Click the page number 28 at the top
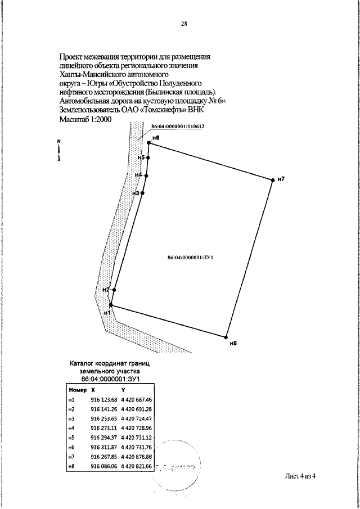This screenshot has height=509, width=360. pyautogui.click(x=184, y=24)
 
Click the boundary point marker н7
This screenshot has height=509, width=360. pyautogui.click(x=273, y=179)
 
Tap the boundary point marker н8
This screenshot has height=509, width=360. pyautogui.click(x=226, y=337)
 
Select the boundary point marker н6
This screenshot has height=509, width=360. pyautogui.click(x=149, y=143)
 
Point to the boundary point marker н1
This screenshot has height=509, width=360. pyautogui.click(x=111, y=305)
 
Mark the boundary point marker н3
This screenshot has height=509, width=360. pyautogui.click(x=142, y=193)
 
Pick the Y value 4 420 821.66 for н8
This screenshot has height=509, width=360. pyautogui.click(x=137, y=466)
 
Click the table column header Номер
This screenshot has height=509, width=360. pyautogui.click(x=77, y=389)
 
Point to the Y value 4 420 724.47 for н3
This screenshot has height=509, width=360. pyautogui.click(x=137, y=419)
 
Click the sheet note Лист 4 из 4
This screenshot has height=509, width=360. pyautogui.click(x=301, y=476)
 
